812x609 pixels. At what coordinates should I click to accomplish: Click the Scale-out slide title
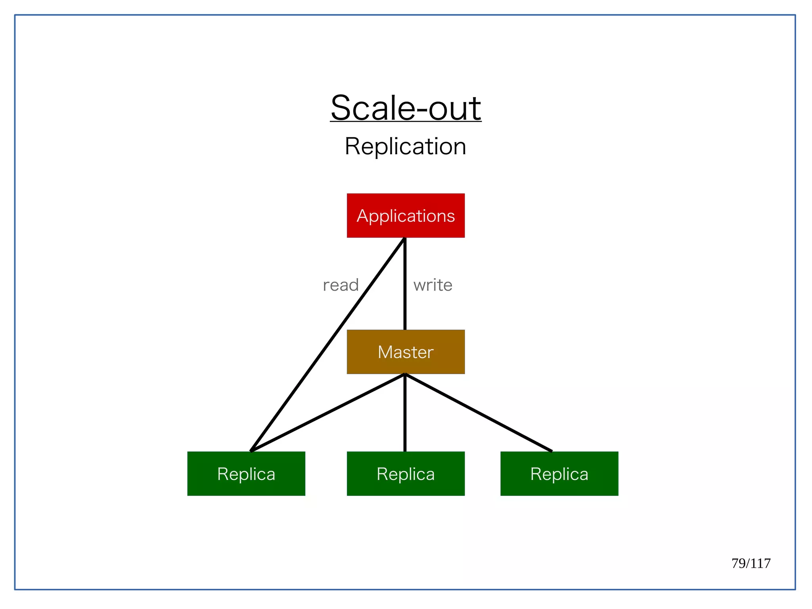pyautogui.click(x=406, y=108)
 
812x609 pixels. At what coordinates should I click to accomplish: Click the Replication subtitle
pyautogui.click(x=405, y=146)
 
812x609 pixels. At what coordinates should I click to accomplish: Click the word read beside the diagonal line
pyautogui.click(x=341, y=285)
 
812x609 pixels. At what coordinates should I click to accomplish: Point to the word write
pyautogui.click(x=433, y=285)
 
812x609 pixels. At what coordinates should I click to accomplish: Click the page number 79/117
pyautogui.click(x=751, y=563)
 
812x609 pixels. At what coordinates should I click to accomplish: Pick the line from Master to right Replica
pyautogui.click(x=478, y=413)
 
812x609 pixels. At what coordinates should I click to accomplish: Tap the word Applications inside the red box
pyautogui.click(x=406, y=216)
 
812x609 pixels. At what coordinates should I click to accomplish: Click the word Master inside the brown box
pyautogui.click(x=406, y=352)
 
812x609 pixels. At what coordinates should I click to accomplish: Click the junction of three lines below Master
pyautogui.click(x=405, y=375)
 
